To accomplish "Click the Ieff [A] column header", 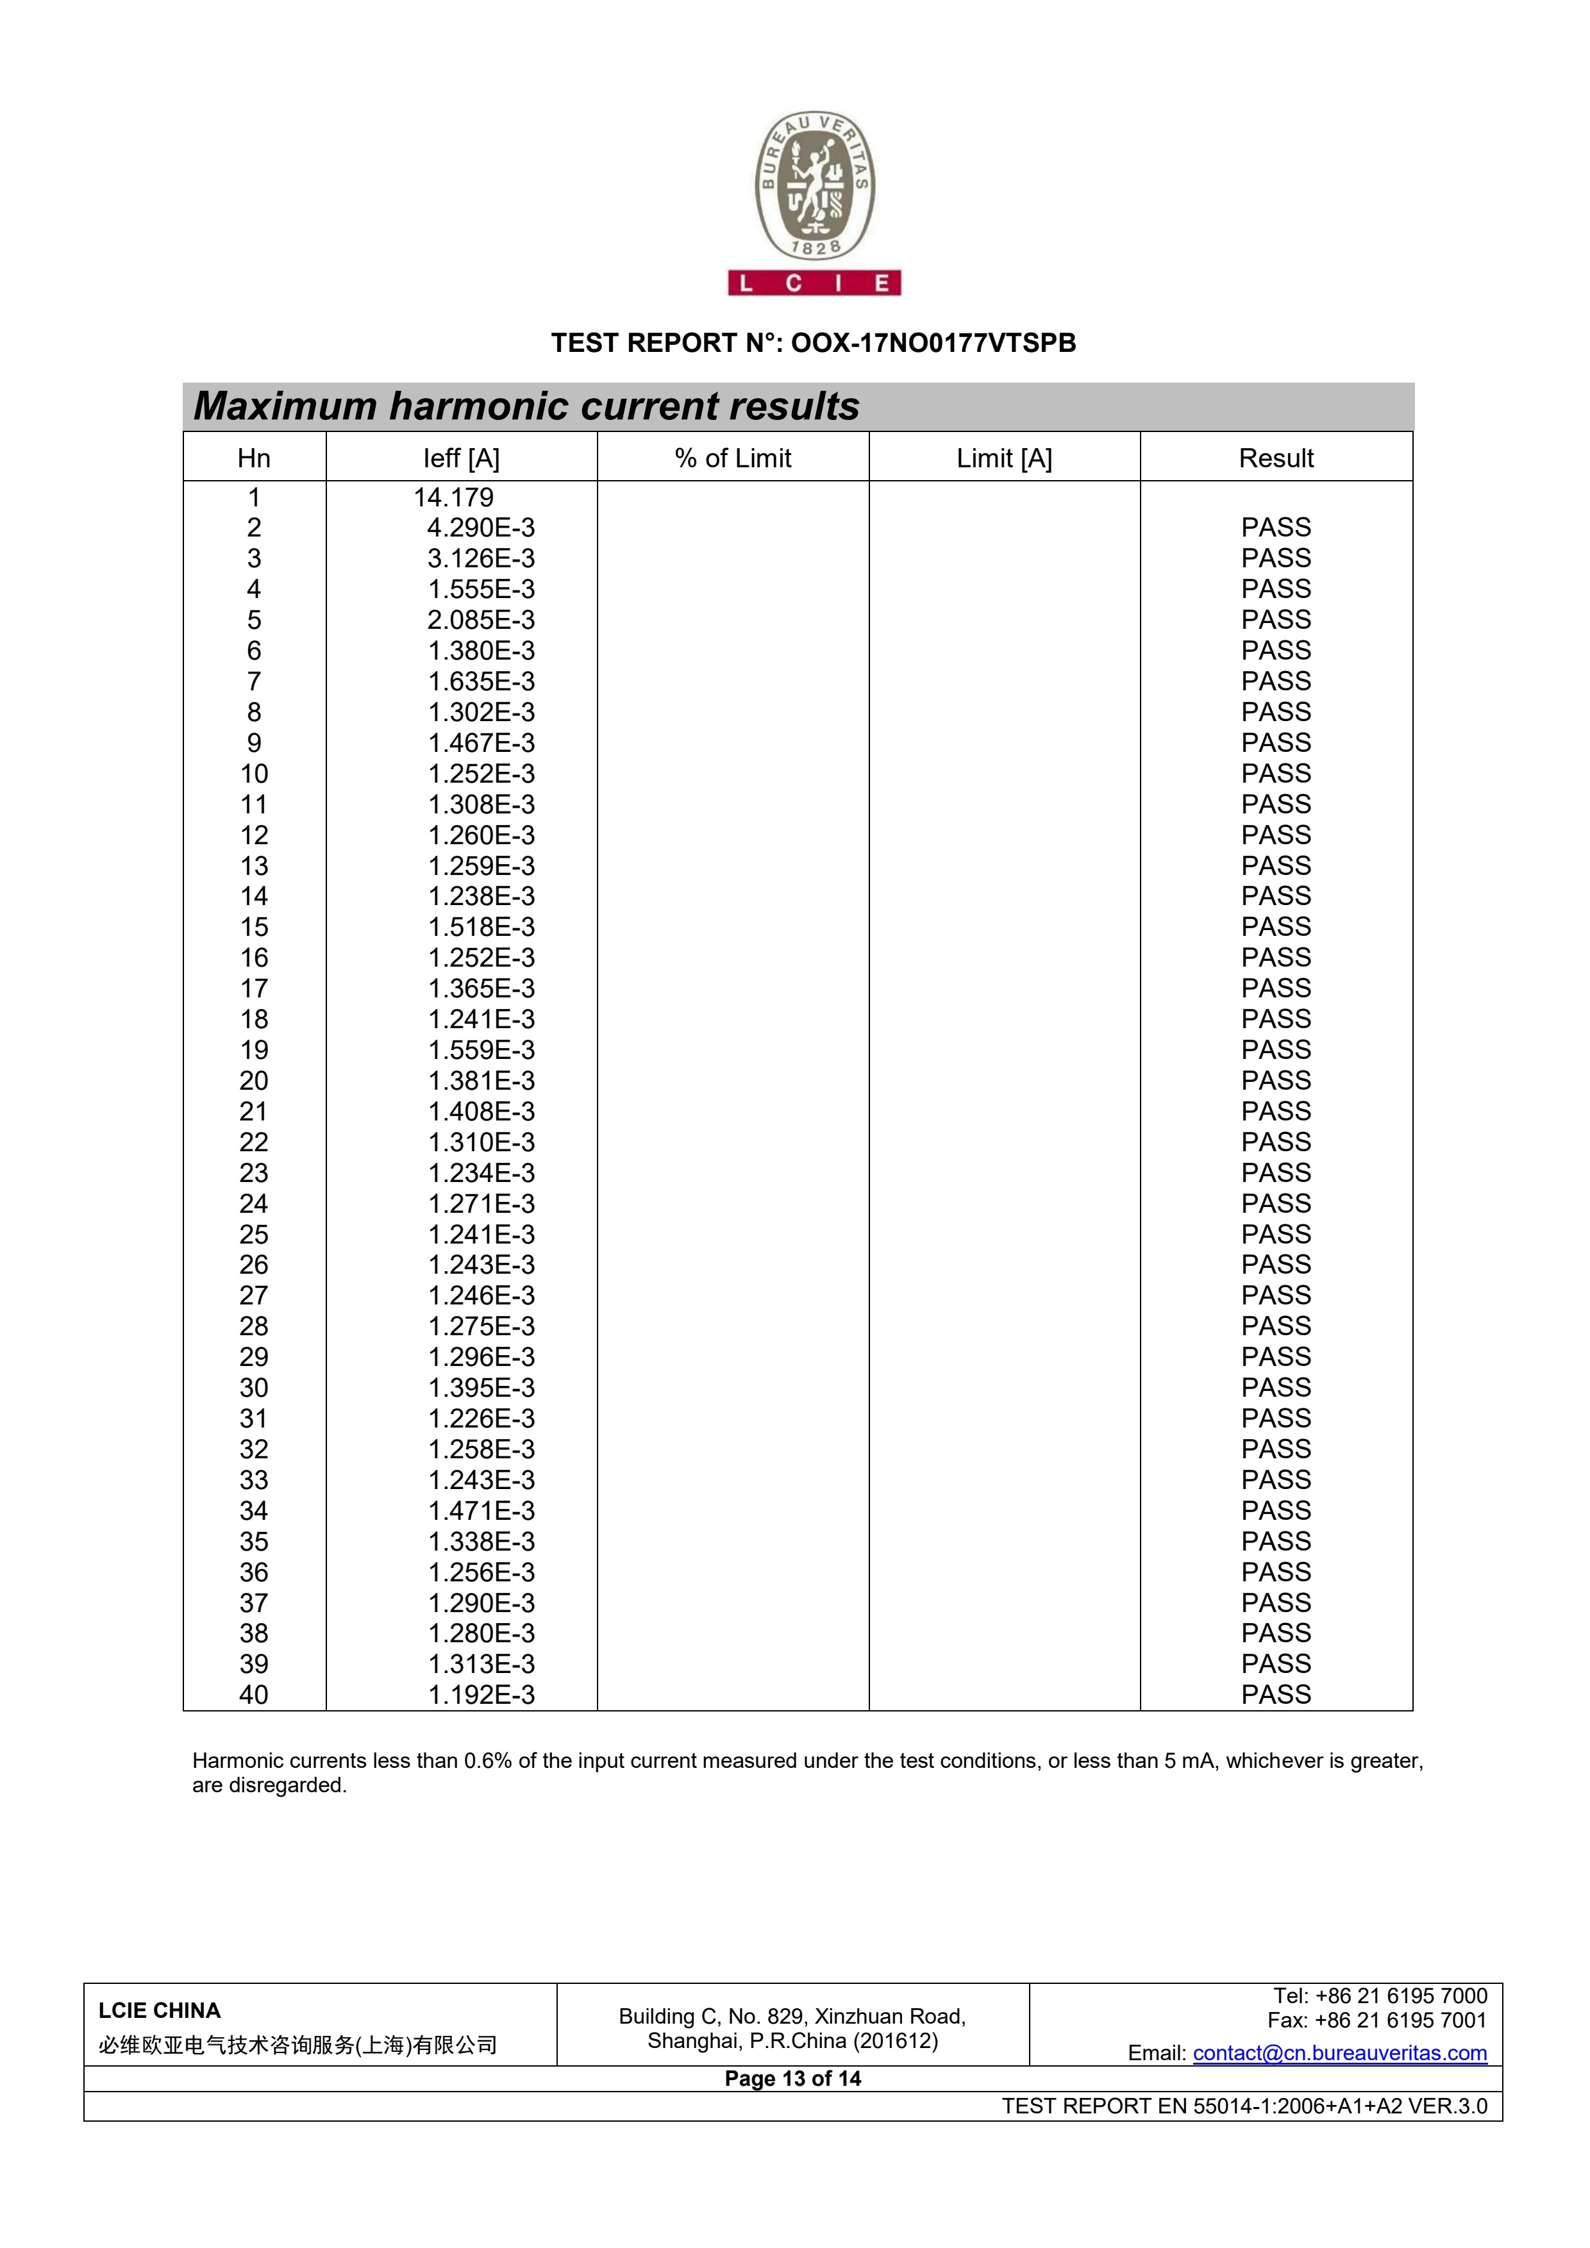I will click(461, 458).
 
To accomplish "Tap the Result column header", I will click(1276, 458).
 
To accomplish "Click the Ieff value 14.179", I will click(453, 497).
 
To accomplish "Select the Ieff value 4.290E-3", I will click(481, 528).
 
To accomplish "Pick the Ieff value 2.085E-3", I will click(481, 620).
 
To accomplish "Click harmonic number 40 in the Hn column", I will click(254, 1695).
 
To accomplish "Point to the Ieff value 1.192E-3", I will click(481, 1695).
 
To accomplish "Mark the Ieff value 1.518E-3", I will click(481, 927).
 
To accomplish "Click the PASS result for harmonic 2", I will click(1276, 528).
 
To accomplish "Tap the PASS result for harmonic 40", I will click(1276, 1695).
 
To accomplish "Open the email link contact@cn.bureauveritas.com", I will click(1339, 2053).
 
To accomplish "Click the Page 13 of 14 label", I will click(793, 2079).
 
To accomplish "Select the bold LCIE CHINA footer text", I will click(160, 2010).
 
